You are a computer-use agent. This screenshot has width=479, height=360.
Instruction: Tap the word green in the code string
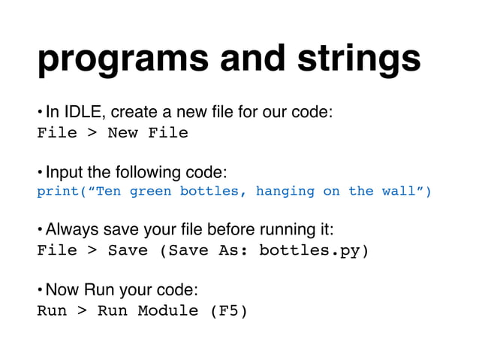click(150, 191)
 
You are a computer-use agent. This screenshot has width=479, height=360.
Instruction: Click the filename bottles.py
click(309, 250)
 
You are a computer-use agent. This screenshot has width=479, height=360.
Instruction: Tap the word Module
click(168, 310)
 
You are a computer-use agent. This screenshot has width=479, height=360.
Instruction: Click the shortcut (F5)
click(227, 310)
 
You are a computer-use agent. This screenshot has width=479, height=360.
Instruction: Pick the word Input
click(62, 171)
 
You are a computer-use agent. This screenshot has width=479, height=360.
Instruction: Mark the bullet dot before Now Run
click(41, 289)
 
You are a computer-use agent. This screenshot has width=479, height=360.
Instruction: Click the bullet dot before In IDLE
click(41, 113)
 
